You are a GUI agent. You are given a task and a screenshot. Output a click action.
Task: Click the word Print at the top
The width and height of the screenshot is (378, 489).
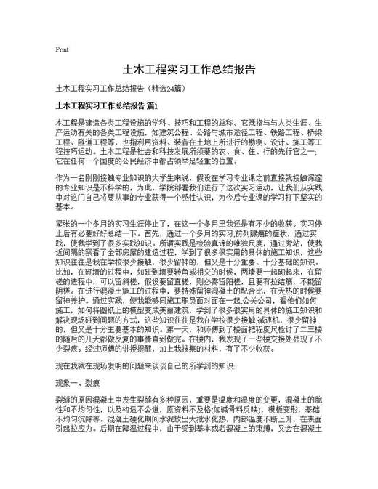click(62, 50)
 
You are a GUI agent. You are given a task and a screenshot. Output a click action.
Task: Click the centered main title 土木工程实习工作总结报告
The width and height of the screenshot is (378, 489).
click(188, 70)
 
